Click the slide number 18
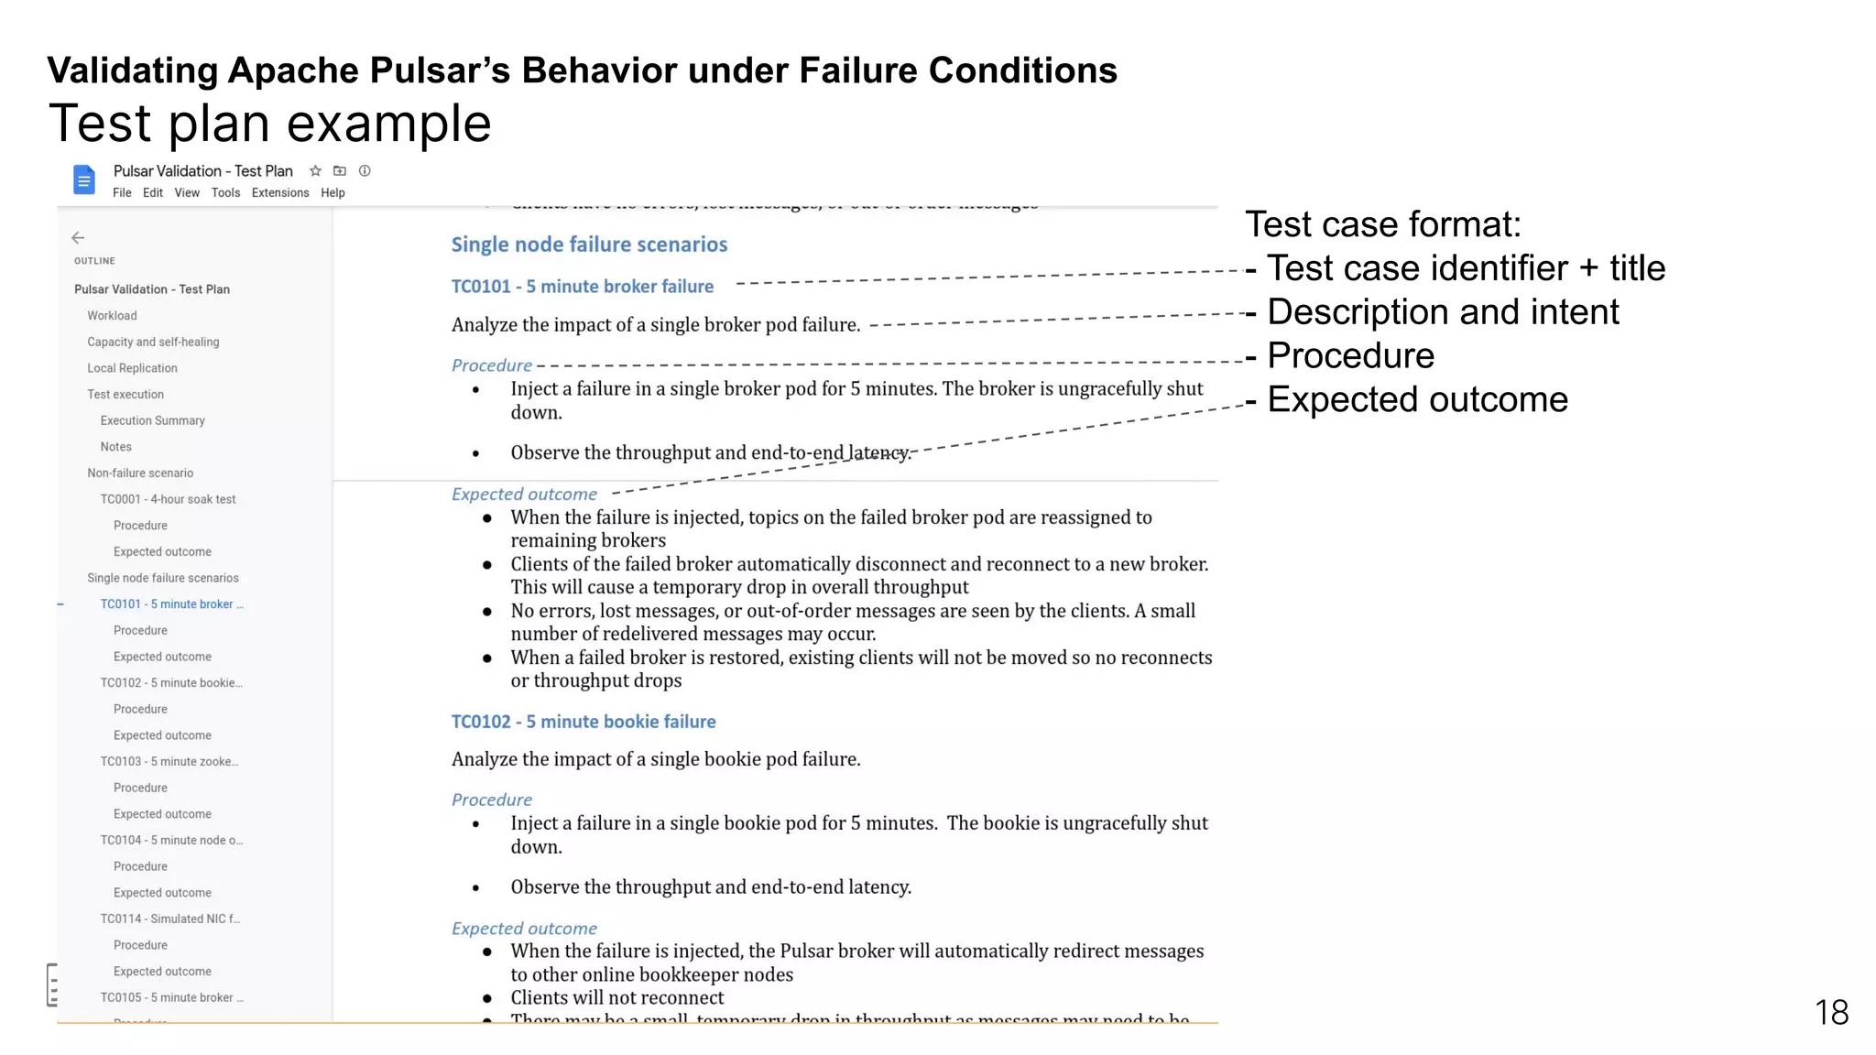coord(1831,1013)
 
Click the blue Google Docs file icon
coord(83,179)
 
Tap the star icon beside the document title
coord(315,171)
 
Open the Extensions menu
coord(280,193)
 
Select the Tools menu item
coord(225,193)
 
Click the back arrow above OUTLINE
coord(78,238)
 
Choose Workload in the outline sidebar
coord(112,316)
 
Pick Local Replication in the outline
coord(132,368)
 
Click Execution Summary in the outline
coord(152,420)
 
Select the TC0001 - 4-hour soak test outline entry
coord(168,499)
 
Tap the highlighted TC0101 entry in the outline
coord(171,604)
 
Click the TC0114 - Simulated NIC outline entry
coord(169,919)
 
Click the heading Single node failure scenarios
coord(589,245)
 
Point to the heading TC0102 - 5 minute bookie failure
coord(584,722)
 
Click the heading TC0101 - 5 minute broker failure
coord(582,287)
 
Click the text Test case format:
coord(1382,224)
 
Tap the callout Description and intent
coord(1443,312)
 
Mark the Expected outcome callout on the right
coord(1417,400)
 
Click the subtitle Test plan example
coord(269,124)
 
